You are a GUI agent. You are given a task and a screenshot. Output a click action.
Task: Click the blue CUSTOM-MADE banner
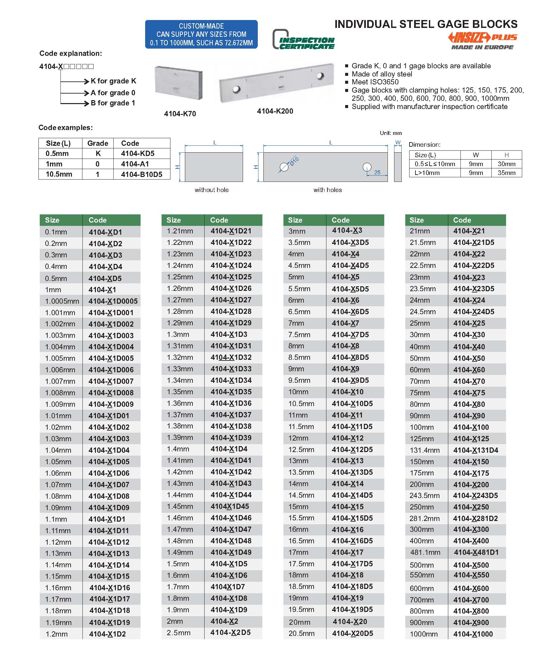pyautogui.click(x=201, y=34)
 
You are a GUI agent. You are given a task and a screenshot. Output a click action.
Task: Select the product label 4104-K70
pyautogui.click(x=180, y=114)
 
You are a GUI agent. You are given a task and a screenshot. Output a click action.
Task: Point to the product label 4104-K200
pyautogui.click(x=275, y=111)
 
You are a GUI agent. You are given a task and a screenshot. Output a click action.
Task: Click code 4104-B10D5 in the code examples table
pyautogui.click(x=142, y=174)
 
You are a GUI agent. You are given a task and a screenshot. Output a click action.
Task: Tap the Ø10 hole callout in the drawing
pyautogui.click(x=294, y=162)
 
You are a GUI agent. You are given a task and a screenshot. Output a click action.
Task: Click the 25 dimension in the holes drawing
pyautogui.click(x=377, y=172)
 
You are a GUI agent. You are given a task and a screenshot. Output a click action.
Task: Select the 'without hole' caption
pyautogui.click(x=211, y=190)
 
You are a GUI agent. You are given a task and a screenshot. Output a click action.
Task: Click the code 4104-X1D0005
pyautogui.click(x=113, y=301)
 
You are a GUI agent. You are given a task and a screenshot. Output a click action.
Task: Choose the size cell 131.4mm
pyautogui.click(x=424, y=450)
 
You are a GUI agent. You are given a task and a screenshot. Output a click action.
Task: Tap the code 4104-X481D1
pyautogui.click(x=476, y=552)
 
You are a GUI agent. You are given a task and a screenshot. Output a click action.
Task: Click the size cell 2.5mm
pyautogui.click(x=178, y=633)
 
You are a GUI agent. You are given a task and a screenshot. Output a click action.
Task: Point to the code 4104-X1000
pyautogui.click(x=473, y=634)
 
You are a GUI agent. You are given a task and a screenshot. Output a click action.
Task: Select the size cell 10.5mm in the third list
pyautogui.click(x=301, y=403)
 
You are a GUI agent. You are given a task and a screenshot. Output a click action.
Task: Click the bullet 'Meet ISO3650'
pyautogui.click(x=375, y=82)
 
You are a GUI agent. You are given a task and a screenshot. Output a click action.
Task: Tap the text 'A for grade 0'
pyautogui.click(x=113, y=93)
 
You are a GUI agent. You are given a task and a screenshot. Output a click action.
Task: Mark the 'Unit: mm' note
pyautogui.click(x=390, y=133)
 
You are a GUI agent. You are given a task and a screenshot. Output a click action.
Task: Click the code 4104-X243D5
pyautogui.click(x=475, y=495)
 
